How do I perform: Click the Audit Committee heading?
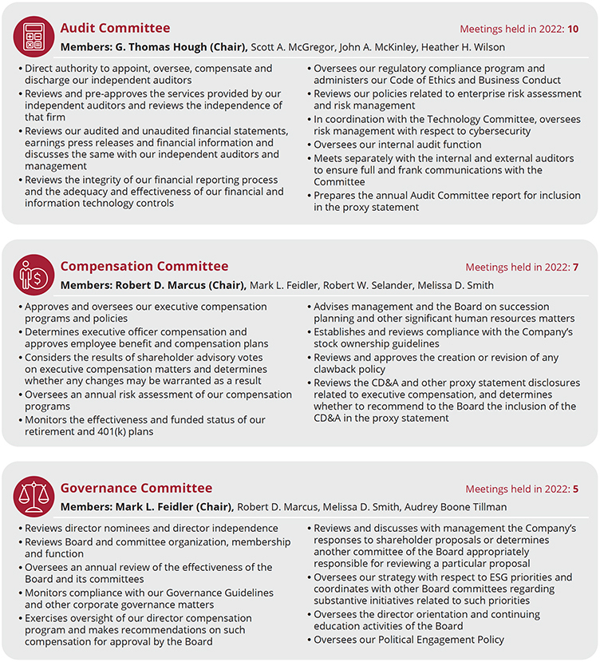(x=115, y=29)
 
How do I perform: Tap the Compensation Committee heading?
(x=144, y=267)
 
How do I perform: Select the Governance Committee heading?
(x=136, y=489)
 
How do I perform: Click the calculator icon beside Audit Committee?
(x=34, y=36)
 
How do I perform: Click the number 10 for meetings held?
(x=573, y=30)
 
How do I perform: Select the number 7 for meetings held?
(x=575, y=268)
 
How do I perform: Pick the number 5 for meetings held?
(x=575, y=490)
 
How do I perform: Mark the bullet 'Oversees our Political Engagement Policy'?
(x=409, y=640)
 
